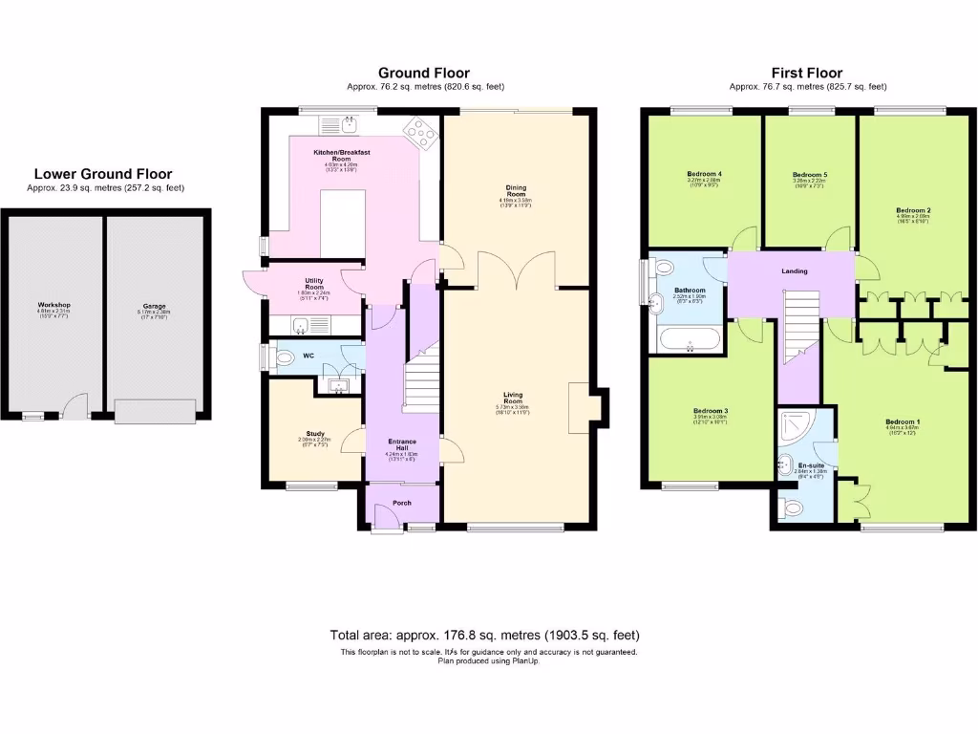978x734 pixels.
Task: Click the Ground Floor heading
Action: pyautogui.click(x=423, y=73)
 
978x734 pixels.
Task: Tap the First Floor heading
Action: pyautogui.click(x=807, y=73)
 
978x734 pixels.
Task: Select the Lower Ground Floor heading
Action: pyautogui.click(x=103, y=174)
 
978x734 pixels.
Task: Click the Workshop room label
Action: pyautogui.click(x=54, y=305)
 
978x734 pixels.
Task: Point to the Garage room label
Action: pyautogui.click(x=154, y=306)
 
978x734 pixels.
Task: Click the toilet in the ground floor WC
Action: pyautogui.click(x=284, y=358)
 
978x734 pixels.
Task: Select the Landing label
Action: pyautogui.click(x=794, y=271)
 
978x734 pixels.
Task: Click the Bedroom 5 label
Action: pyautogui.click(x=809, y=175)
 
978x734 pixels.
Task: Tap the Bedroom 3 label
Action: pyautogui.click(x=711, y=412)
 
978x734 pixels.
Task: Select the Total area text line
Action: pyautogui.click(x=484, y=635)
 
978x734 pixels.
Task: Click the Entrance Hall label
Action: pyautogui.click(x=402, y=445)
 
